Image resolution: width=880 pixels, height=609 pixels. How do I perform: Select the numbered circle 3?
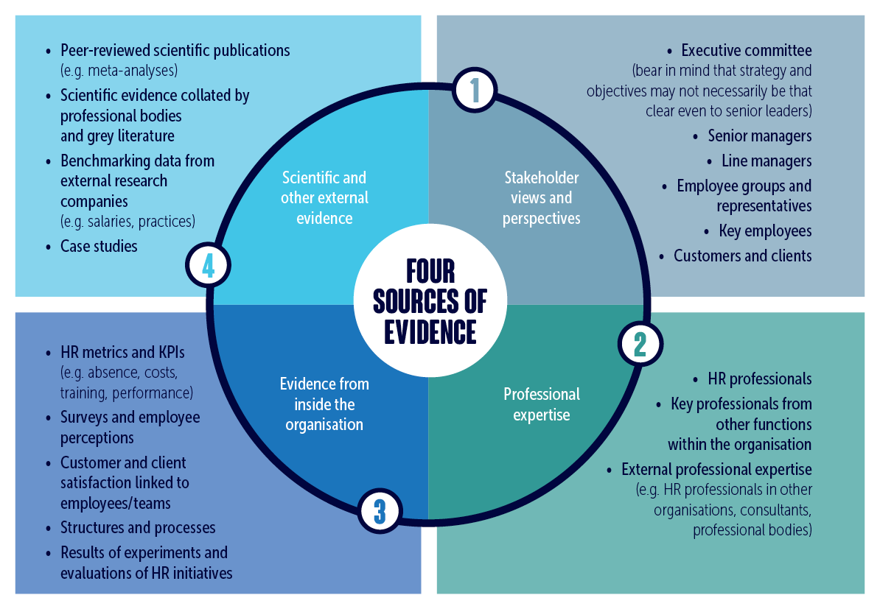pyautogui.click(x=380, y=510)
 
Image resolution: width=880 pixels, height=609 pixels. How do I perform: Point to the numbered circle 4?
pyautogui.click(x=209, y=265)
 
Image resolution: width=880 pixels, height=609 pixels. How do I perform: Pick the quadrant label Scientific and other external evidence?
pyautogui.click(x=324, y=198)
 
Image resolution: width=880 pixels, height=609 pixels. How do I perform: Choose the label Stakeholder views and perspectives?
pyautogui.click(x=542, y=198)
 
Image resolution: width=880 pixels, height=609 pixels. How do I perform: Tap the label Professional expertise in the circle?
pyautogui.click(x=542, y=404)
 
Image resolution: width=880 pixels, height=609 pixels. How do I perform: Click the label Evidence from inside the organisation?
pyautogui.click(x=324, y=404)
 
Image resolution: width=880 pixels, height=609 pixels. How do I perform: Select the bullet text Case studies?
pyautogui.click(x=99, y=246)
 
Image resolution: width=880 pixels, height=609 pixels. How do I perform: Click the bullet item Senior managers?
pyautogui.click(x=759, y=136)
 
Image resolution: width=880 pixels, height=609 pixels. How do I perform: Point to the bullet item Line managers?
pyautogui.click(x=766, y=161)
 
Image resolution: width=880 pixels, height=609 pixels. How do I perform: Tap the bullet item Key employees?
pyautogui.click(x=765, y=231)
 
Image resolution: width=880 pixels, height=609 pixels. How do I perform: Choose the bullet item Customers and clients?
pyautogui.click(x=742, y=256)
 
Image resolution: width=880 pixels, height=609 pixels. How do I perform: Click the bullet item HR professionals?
pyautogui.click(x=759, y=379)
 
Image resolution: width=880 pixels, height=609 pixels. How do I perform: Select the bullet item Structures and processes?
pyautogui.click(x=138, y=528)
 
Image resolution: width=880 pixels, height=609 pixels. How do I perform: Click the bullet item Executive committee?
pyautogui.click(x=746, y=51)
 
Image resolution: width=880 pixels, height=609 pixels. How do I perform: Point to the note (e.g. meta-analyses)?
pyautogui.click(x=119, y=71)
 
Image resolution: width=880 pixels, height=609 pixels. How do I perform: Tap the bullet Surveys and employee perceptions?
pyautogui.click(x=130, y=427)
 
